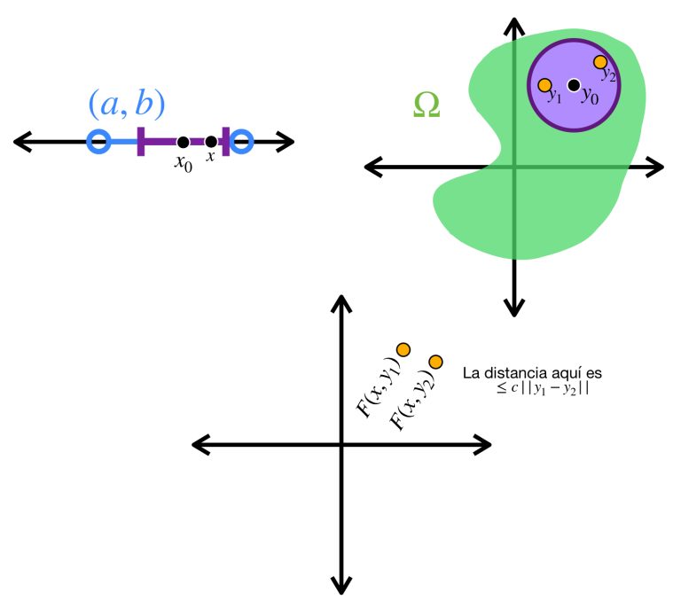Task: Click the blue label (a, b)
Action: (x=126, y=104)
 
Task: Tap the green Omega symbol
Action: (x=427, y=105)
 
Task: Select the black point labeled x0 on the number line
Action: (x=183, y=142)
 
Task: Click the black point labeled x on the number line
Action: (x=210, y=142)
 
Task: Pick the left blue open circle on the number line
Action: (x=98, y=141)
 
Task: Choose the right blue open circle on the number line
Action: (x=242, y=141)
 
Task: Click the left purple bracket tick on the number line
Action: (x=141, y=142)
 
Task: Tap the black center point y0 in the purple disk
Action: (x=574, y=85)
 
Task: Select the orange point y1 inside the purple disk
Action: (x=546, y=84)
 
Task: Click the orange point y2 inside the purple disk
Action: (x=600, y=62)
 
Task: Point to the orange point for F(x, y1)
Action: (x=403, y=349)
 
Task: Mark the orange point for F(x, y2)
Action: (x=435, y=362)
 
